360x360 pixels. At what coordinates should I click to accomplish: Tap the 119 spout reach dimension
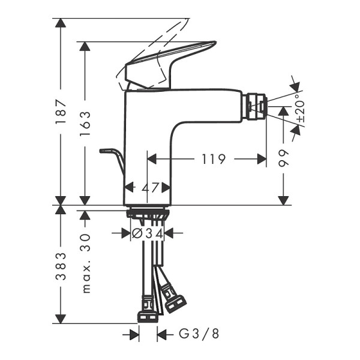pos(214,159)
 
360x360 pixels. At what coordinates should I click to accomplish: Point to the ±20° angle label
pos(300,110)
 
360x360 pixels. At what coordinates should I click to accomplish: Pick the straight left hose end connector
pos(146,316)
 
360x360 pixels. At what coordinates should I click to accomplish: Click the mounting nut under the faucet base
pos(147,213)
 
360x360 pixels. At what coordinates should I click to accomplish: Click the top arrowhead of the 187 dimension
pos(59,23)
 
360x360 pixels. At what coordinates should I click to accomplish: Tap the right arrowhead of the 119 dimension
pos(262,159)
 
